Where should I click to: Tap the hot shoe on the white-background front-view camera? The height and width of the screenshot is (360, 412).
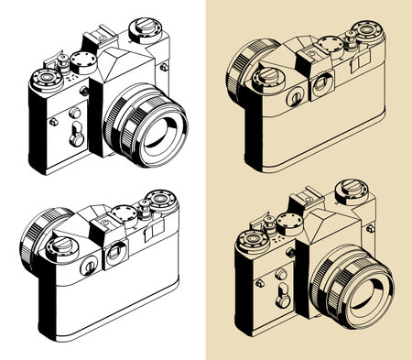point(95,39)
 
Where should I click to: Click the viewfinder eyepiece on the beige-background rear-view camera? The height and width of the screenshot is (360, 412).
point(321,85)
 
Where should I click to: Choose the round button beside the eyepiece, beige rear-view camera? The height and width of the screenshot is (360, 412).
point(294,96)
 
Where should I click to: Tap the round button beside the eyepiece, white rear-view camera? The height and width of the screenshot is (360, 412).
point(89,267)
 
